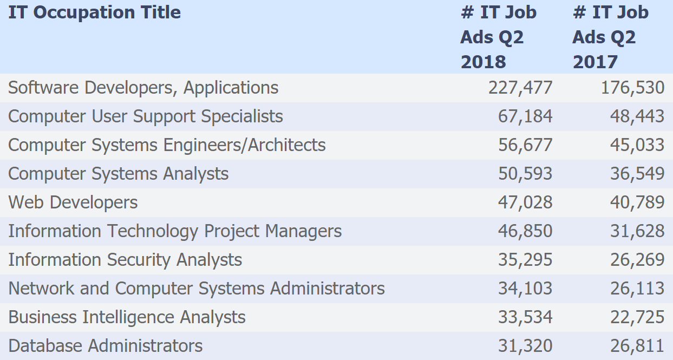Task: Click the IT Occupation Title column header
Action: (x=94, y=13)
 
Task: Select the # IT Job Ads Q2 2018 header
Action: (x=498, y=37)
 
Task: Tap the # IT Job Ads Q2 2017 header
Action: (x=610, y=37)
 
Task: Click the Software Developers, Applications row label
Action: (x=143, y=88)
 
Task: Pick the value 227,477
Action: (x=520, y=88)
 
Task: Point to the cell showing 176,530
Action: (x=632, y=88)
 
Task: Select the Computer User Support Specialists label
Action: (x=146, y=116)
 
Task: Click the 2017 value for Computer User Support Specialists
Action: (x=637, y=116)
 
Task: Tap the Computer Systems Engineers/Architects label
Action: (x=167, y=145)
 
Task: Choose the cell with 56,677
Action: (x=525, y=145)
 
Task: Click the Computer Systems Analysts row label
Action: (x=118, y=174)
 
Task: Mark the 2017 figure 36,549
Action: (x=637, y=174)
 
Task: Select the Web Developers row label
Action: (x=73, y=202)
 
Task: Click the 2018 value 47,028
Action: (x=525, y=202)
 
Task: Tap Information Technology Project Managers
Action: (x=175, y=231)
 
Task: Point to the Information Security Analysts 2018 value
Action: (x=525, y=260)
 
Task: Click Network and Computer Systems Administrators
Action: (x=197, y=289)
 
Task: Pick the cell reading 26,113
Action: (x=637, y=289)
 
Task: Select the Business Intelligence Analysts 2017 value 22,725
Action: (x=637, y=317)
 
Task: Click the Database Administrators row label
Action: (x=106, y=346)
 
